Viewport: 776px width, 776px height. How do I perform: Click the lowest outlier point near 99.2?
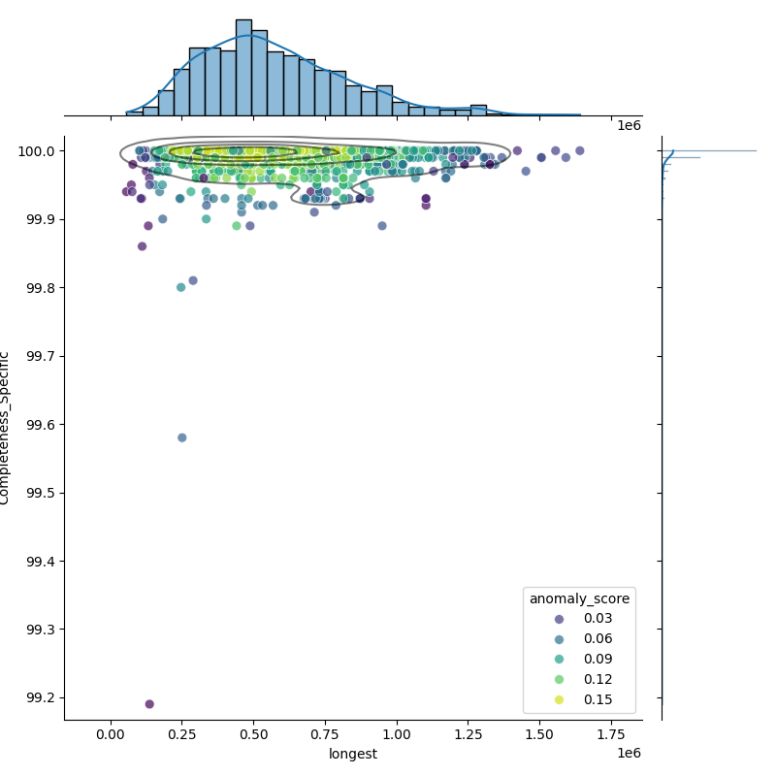149,704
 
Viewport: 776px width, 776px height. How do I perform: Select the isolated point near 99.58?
182,437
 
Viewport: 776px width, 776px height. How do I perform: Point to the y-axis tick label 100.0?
35,151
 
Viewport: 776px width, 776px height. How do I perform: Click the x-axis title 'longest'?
353,755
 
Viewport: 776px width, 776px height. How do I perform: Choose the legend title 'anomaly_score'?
579,599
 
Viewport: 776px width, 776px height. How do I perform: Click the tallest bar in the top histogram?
243,67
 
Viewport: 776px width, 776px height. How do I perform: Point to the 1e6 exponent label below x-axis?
629,754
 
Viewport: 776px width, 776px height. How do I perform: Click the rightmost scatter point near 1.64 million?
579,150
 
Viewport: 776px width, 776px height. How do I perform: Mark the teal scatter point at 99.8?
180,287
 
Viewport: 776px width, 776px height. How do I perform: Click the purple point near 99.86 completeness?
142,246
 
